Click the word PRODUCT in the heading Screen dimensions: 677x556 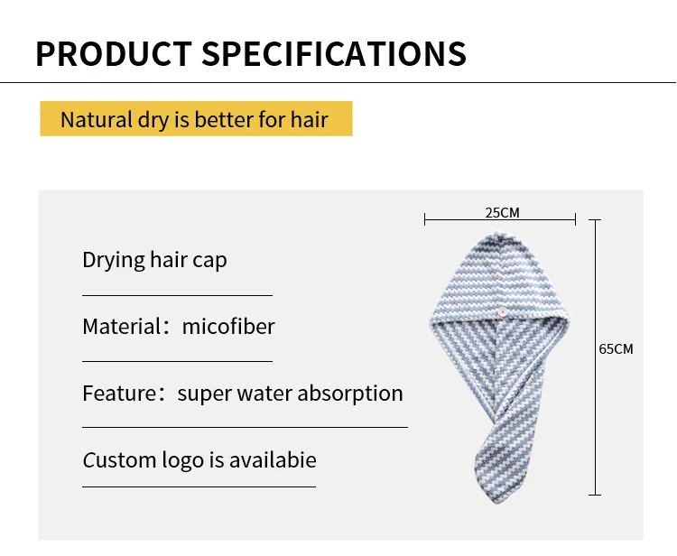click(x=114, y=53)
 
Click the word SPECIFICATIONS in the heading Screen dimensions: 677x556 click(x=334, y=53)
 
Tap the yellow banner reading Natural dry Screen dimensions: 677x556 click(x=197, y=119)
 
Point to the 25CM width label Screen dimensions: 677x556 click(x=502, y=213)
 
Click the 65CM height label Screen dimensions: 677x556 click(x=616, y=348)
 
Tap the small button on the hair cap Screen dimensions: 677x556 click(x=502, y=311)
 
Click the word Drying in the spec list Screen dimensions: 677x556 click(x=114, y=260)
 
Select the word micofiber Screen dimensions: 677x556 click(x=228, y=326)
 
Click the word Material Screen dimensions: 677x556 click(x=122, y=327)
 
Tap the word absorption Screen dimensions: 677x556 click(x=350, y=394)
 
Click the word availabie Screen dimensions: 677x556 click(x=273, y=459)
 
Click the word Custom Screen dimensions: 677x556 click(x=119, y=460)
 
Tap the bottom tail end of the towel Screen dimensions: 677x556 click(x=496, y=501)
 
